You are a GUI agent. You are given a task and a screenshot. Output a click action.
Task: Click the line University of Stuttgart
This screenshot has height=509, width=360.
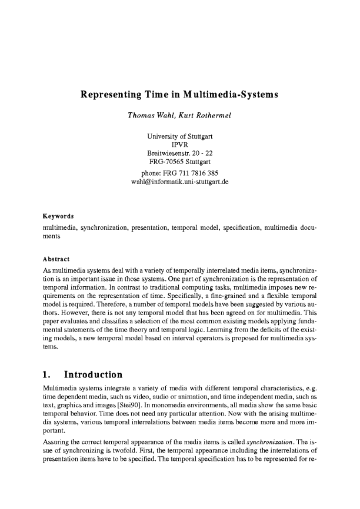pyautogui.click(x=179, y=136)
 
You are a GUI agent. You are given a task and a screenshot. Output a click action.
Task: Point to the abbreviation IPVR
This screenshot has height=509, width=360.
pyautogui.click(x=179, y=145)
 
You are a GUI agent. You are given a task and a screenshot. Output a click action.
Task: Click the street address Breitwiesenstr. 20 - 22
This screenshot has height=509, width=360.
pyautogui.click(x=179, y=153)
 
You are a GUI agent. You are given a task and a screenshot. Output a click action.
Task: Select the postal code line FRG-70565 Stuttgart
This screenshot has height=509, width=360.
pyautogui.click(x=179, y=161)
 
